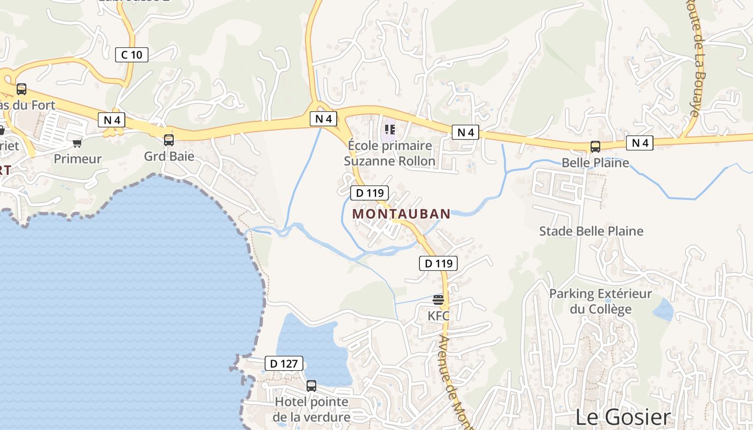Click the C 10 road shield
(x=132, y=54)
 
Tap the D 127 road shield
(x=284, y=364)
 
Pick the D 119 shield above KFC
(x=438, y=263)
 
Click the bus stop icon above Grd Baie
(x=169, y=140)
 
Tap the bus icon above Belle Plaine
(x=595, y=146)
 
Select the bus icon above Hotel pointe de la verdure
(x=311, y=385)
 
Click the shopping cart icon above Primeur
(x=77, y=143)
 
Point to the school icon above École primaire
(x=390, y=130)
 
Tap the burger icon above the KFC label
(x=438, y=300)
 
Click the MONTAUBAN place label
(x=401, y=214)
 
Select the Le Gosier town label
(x=623, y=417)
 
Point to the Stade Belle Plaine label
(x=591, y=231)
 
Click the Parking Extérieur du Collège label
(x=600, y=302)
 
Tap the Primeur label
(x=78, y=159)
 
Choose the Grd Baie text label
(x=169, y=157)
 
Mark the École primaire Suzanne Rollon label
(x=390, y=153)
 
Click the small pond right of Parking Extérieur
(x=663, y=310)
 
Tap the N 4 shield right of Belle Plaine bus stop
(x=640, y=143)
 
